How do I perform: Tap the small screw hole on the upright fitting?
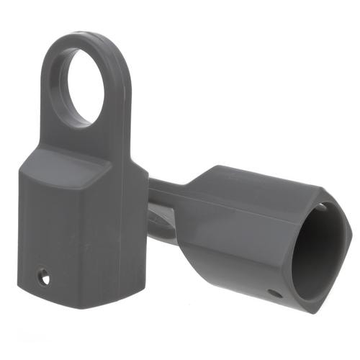tap(44, 275)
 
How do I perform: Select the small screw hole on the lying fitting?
tap(274, 292)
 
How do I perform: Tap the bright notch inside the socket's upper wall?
tap(322, 209)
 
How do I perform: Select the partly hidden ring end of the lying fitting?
tap(161, 223)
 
